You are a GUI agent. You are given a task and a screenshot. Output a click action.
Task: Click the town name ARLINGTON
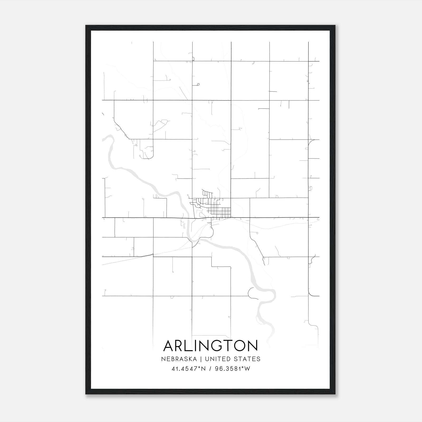(x=210, y=346)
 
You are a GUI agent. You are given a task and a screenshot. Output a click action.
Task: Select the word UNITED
(x=217, y=359)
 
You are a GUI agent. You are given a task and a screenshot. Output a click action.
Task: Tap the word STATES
(x=246, y=359)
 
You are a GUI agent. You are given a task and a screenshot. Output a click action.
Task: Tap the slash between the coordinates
(x=210, y=369)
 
